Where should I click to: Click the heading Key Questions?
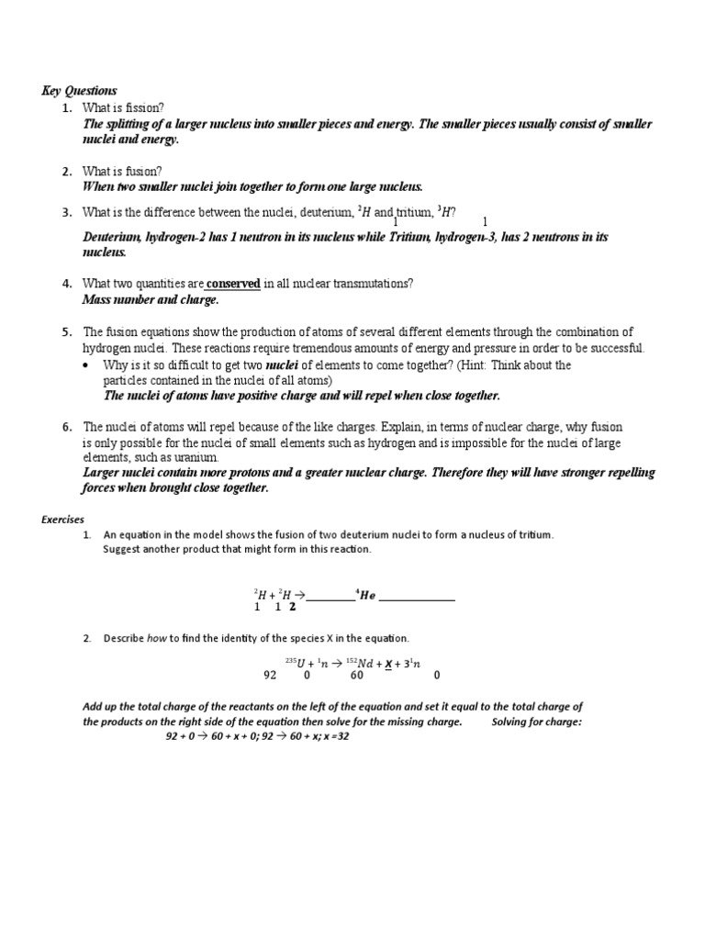tap(79, 91)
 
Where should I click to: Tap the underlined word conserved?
tap(234, 284)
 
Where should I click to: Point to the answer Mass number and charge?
tap(151, 300)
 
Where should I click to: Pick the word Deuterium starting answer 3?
tap(114, 237)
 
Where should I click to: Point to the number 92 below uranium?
tap(270, 676)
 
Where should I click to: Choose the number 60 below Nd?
tap(356, 676)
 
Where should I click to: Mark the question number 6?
tap(67, 427)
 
